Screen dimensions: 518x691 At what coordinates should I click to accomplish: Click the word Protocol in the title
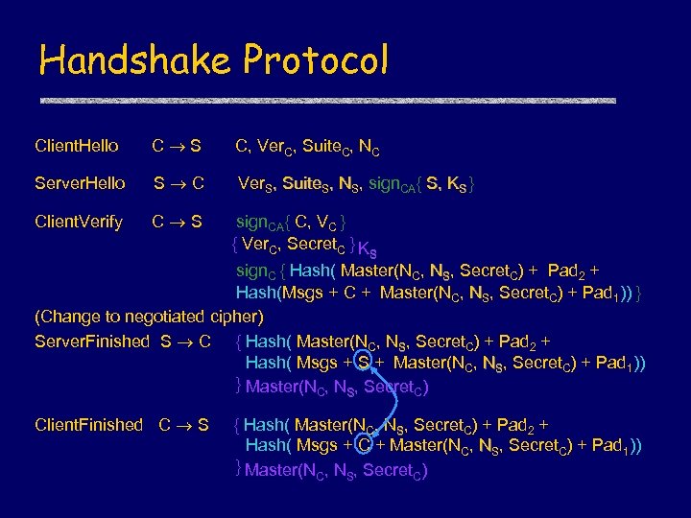(x=317, y=60)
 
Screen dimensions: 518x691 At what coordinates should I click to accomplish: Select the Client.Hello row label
(x=77, y=147)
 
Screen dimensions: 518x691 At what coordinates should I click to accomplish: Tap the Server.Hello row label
(x=80, y=184)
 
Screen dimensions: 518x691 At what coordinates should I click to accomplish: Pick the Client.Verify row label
(x=79, y=223)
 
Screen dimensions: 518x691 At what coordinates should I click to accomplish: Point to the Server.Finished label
(x=92, y=341)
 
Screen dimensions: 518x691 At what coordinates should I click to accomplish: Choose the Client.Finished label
(x=88, y=425)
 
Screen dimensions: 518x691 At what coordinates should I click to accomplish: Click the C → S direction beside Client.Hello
(x=177, y=147)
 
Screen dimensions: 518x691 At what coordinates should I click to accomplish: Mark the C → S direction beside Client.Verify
(x=177, y=223)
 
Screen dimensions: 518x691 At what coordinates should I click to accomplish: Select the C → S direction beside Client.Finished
(x=183, y=425)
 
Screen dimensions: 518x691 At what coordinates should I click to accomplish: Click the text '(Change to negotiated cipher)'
(x=149, y=317)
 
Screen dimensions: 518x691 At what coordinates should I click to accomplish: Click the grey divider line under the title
(x=326, y=100)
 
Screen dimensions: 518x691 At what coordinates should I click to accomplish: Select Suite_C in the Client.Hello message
(x=326, y=147)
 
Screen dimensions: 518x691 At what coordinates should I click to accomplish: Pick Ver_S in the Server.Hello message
(x=258, y=184)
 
